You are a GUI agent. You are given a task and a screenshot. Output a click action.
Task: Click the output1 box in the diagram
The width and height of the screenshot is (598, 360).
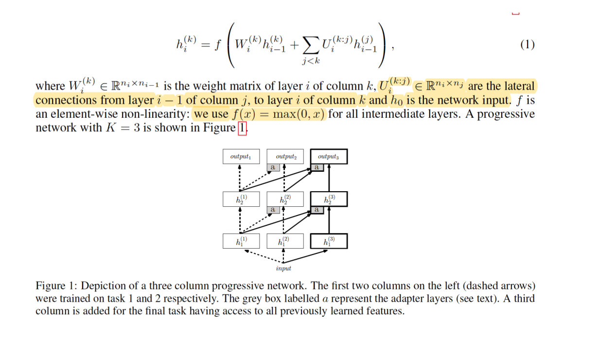click(241, 157)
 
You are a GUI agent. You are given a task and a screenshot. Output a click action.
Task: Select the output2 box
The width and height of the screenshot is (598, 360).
click(285, 157)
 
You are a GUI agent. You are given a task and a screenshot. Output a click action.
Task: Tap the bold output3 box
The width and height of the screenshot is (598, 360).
click(328, 157)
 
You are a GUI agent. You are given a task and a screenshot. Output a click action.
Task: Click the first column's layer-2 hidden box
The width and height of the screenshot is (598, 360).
click(241, 199)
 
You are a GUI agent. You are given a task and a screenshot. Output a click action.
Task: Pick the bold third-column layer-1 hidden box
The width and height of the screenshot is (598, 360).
click(329, 241)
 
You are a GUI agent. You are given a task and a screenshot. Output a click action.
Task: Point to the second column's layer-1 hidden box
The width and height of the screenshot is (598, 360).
click(285, 241)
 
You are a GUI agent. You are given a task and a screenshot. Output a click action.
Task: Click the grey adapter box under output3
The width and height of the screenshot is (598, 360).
click(317, 167)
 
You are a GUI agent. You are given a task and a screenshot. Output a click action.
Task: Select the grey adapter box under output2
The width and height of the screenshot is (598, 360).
click(272, 167)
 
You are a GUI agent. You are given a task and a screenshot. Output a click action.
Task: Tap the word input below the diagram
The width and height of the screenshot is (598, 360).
click(283, 268)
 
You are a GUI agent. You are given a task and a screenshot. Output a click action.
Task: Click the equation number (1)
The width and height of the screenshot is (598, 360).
click(527, 45)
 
